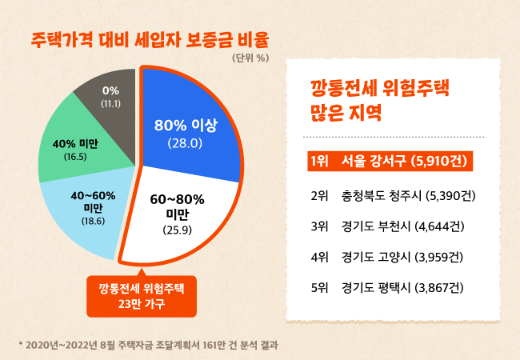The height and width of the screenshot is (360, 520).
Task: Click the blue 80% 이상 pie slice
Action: [x=192, y=120]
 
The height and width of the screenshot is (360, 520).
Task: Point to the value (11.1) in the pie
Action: [x=111, y=104]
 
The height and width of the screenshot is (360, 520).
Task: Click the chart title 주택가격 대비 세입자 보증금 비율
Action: [x=150, y=38]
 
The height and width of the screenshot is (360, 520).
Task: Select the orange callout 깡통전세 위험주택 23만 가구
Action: [x=141, y=294]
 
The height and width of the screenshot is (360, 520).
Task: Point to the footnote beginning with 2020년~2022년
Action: [x=148, y=345]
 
